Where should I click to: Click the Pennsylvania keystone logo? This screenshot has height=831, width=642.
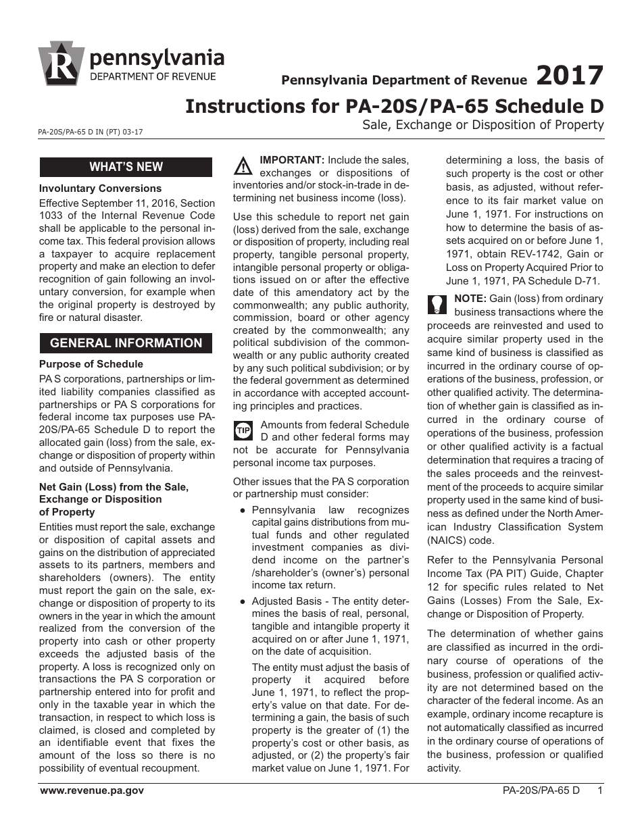click(x=63, y=66)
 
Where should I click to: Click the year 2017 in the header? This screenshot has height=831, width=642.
click(x=570, y=76)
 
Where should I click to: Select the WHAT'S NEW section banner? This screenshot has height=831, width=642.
click(x=126, y=167)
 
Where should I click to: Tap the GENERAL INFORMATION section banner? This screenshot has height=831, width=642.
click(x=126, y=343)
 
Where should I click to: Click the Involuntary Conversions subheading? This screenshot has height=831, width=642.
click(x=100, y=188)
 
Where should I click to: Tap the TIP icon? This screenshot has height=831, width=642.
click(x=243, y=430)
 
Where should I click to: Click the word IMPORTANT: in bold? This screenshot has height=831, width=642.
click(x=292, y=160)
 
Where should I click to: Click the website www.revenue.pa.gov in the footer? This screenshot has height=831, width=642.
click(x=92, y=790)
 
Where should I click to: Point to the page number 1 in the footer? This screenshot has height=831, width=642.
click(x=600, y=790)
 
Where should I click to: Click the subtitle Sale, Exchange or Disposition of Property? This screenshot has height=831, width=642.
click(x=483, y=124)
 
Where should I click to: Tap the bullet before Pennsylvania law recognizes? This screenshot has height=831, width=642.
click(x=242, y=511)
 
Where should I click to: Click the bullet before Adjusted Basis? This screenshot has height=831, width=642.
click(x=242, y=601)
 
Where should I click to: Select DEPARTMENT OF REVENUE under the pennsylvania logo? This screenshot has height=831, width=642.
click(x=153, y=76)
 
